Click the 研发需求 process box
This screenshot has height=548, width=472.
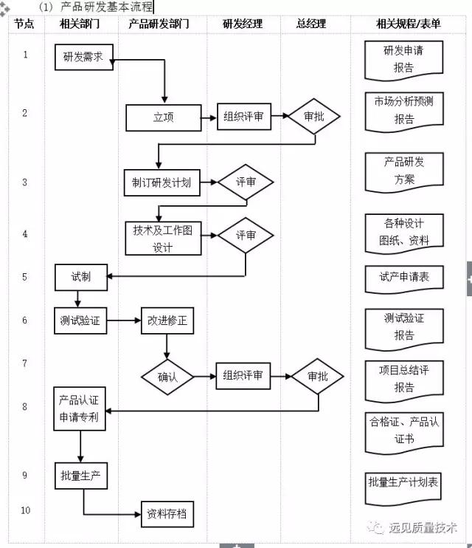[83, 58]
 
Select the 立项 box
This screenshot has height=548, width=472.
[163, 117]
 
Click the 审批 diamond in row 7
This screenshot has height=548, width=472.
[317, 376]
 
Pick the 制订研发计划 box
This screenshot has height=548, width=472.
[162, 183]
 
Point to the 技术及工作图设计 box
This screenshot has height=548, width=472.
[163, 239]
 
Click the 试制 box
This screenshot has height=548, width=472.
[81, 277]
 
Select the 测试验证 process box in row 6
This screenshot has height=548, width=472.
[81, 321]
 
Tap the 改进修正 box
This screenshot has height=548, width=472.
[167, 321]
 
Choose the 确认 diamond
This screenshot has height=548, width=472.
[167, 377]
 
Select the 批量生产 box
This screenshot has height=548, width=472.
[81, 476]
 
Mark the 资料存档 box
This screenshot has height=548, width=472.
[167, 515]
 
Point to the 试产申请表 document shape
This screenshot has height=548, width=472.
[404, 278]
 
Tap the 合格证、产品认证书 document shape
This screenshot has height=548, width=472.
[404, 431]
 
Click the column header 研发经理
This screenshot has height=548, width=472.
[243, 24]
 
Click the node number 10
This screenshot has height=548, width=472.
[25, 510]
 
